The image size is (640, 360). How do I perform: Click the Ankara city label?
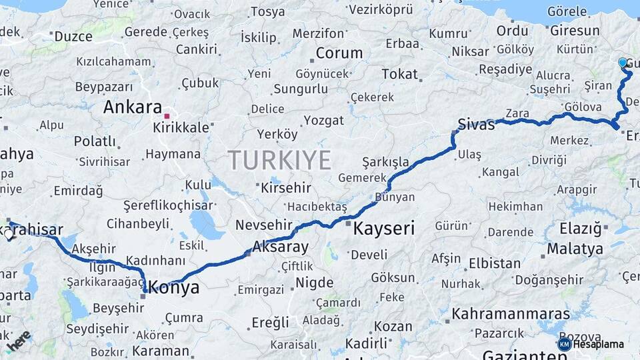pyautogui.click(x=132, y=107)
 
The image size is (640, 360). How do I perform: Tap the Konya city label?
pyautogui.click(x=174, y=287)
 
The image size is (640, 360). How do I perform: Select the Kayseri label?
pyautogui.click(x=383, y=229)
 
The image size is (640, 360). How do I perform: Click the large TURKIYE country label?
pyautogui.click(x=279, y=161)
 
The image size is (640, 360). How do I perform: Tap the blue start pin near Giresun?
pyautogui.click(x=623, y=63)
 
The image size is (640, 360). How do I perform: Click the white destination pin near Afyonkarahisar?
pyautogui.click(x=9, y=233)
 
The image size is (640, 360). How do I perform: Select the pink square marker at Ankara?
pyautogui.click(x=167, y=114)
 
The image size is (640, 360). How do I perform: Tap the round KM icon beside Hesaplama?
pyautogui.click(x=564, y=344)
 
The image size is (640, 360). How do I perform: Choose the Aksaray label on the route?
pyautogui.click(x=279, y=247)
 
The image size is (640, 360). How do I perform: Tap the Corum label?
pyautogui.click(x=339, y=53)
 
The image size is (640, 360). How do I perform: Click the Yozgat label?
pyautogui.click(x=323, y=121)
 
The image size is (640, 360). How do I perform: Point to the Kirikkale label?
pyautogui.click(x=181, y=127)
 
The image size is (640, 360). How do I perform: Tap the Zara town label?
pyautogui.click(x=517, y=113)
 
